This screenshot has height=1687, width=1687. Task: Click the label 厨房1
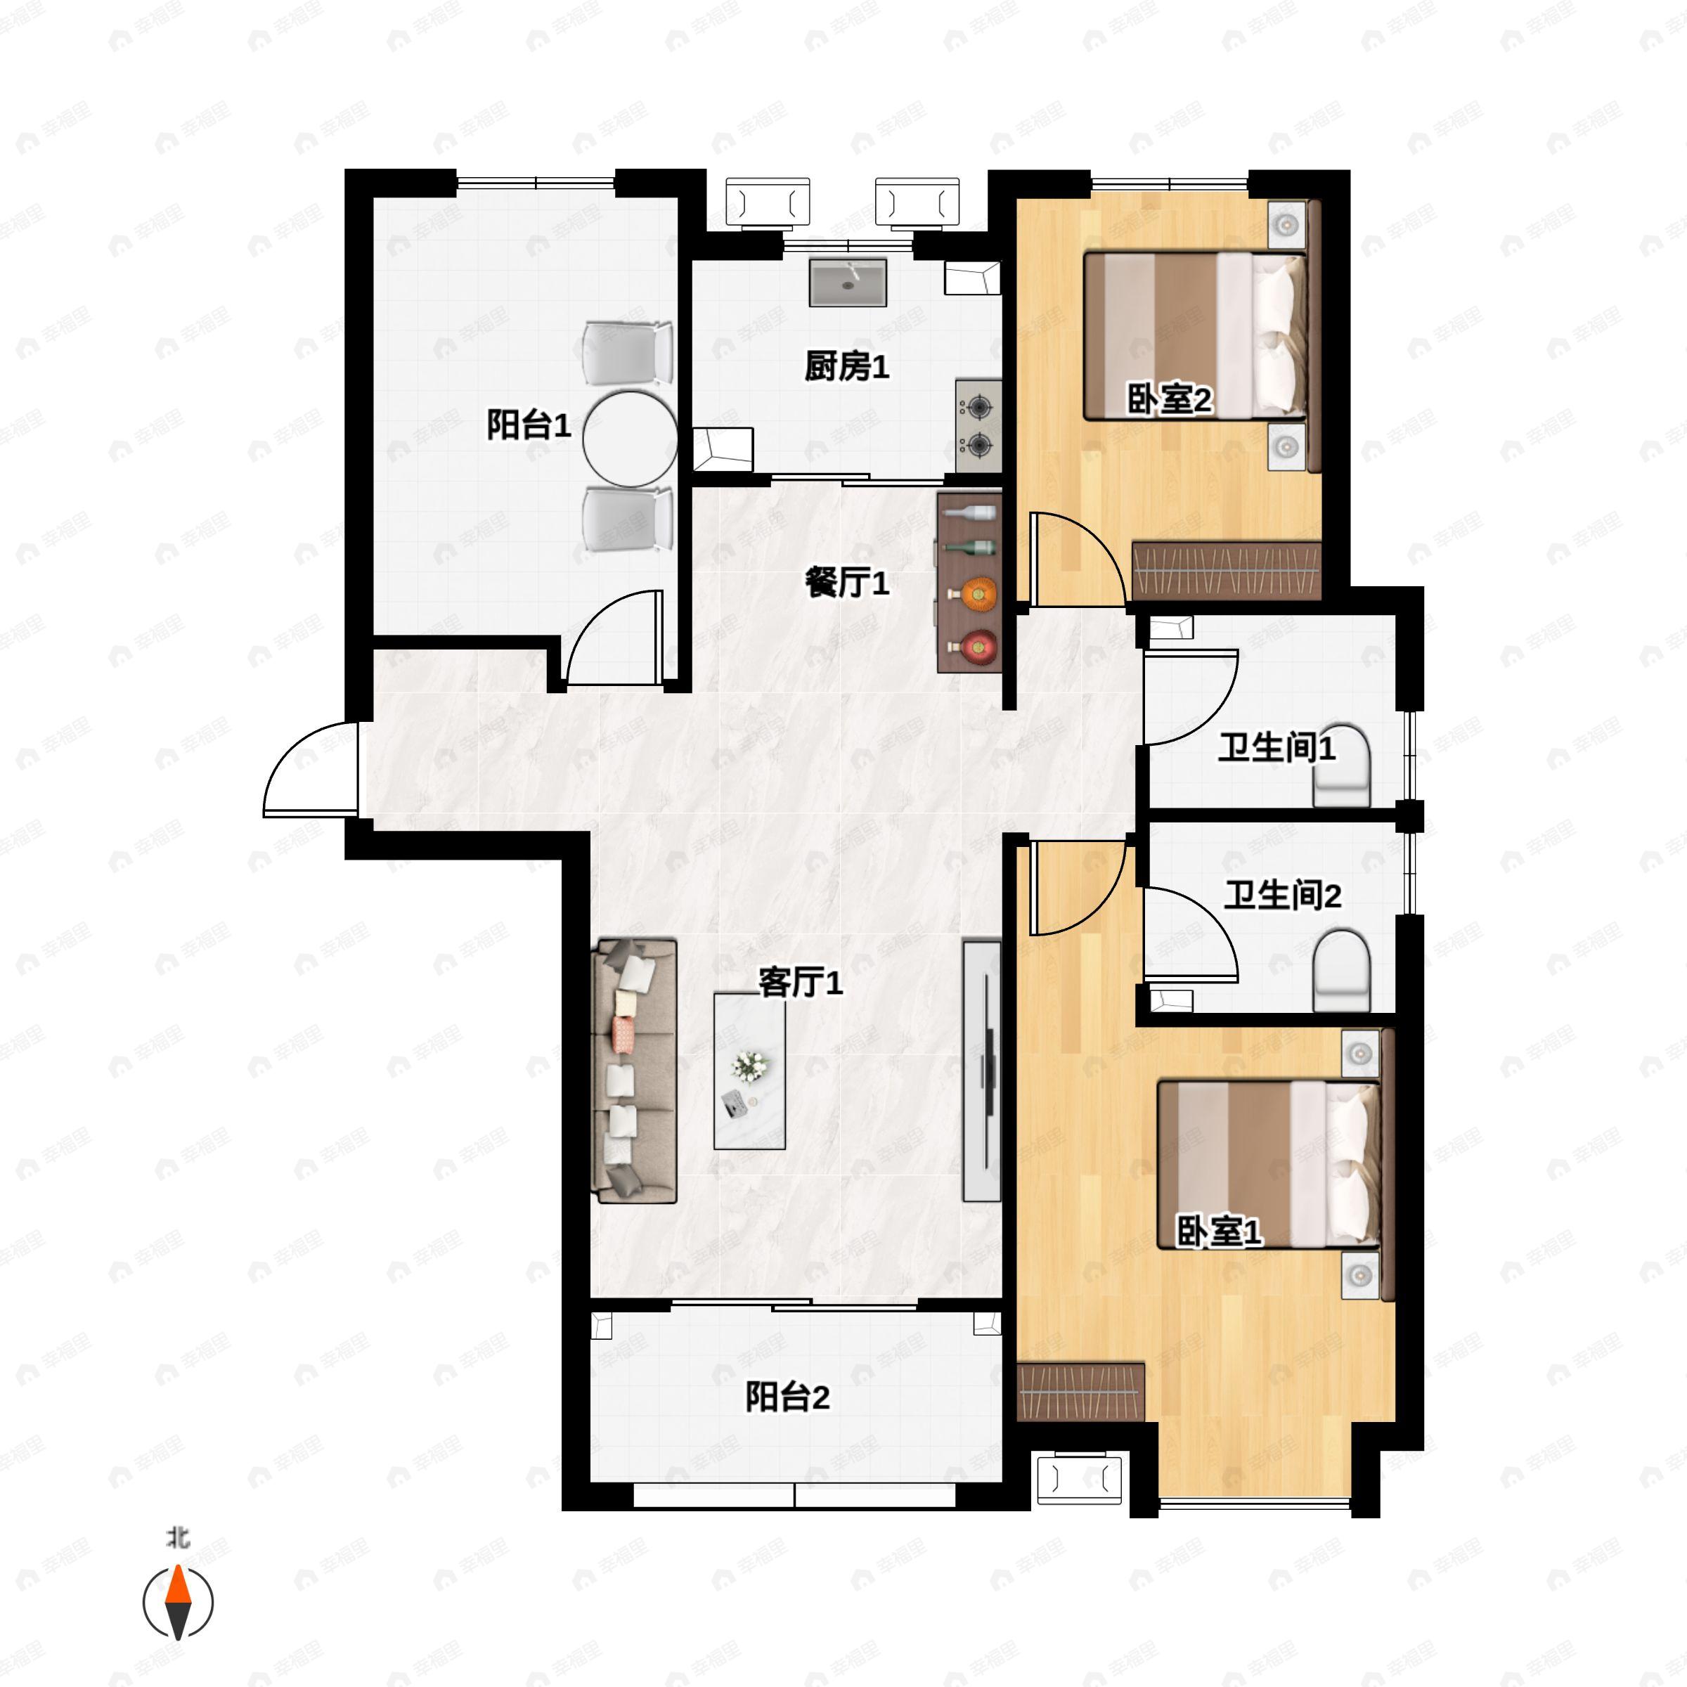coord(846,367)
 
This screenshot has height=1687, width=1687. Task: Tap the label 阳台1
coord(529,425)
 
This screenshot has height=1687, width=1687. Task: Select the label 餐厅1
coord(846,583)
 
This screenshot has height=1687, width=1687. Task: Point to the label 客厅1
coord(800,983)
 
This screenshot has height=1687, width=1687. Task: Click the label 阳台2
coord(787,1398)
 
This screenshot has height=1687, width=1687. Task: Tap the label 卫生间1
coord(1276,749)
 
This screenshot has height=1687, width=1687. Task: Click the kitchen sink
coord(848,282)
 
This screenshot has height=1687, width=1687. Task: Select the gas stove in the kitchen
coord(978,426)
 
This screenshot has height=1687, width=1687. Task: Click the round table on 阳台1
coord(631,439)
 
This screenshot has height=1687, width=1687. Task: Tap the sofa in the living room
coord(635,1071)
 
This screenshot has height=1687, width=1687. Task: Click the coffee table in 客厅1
coord(749,1071)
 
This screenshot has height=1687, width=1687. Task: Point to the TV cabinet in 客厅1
coord(981,1071)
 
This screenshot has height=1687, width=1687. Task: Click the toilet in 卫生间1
coord(1341,765)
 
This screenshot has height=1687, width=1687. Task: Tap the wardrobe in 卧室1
coord(1081,1392)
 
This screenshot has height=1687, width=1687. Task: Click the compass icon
coord(178,1603)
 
